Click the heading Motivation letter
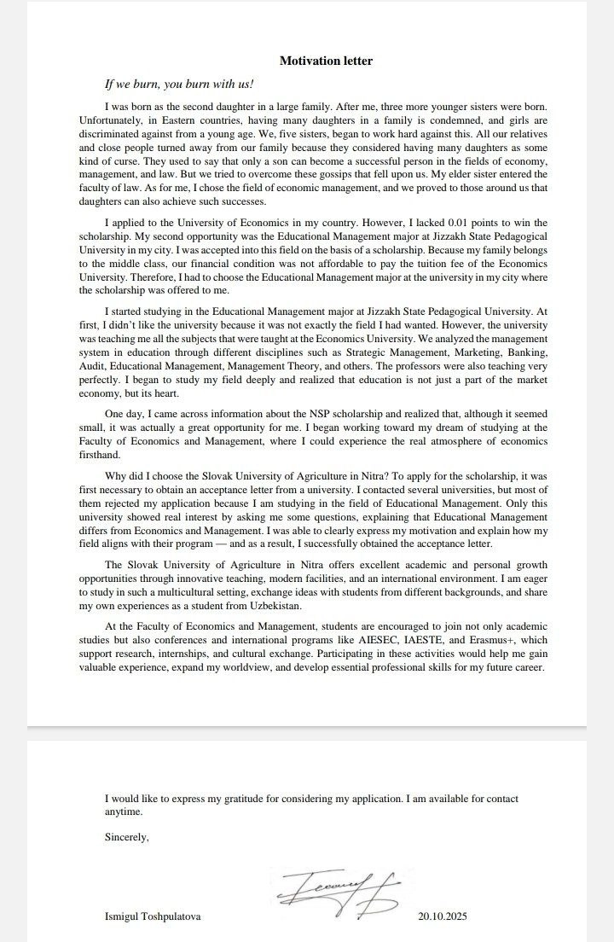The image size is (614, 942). (x=326, y=61)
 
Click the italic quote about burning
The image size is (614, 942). (x=179, y=84)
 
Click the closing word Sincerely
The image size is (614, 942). (x=126, y=837)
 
